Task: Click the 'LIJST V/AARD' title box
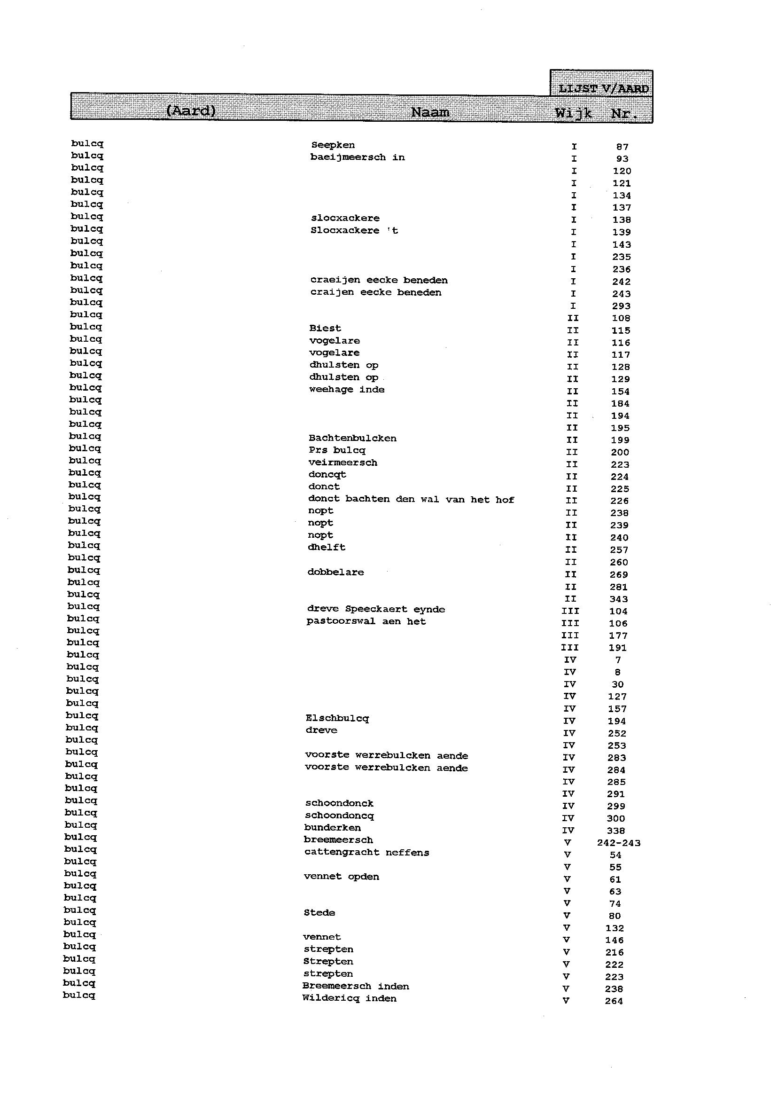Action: pyautogui.click(x=603, y=88)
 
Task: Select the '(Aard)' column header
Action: pyautogui.click(x=191, y=111)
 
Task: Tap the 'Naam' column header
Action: pyautogui.click(x=430, y=112)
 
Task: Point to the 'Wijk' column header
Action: pyautogui.click(x=574, y=113)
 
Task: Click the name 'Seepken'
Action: pyautogui.click(x=333, y=145)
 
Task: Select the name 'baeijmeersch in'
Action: pyautogui.click(x=358, y=157)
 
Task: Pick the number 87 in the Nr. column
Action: pyautogui.click(x=622, y=147)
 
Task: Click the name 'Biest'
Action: pyautogui.click(x=325, y=328)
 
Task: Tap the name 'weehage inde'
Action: pyautogui.click(x=347, y=389)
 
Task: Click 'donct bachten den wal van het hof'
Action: pyautogui.click(x=411, y=499)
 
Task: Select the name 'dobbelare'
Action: pyautogui.click(x=336, y=572)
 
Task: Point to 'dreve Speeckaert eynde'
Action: pyautogui.click(x=376, y=609)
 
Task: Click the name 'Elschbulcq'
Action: pyautogui.click(x=337, y=718)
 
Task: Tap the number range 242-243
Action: pyautogui.click(x=618, y=843)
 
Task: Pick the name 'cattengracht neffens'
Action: pyautogui.click(x=366, y=853)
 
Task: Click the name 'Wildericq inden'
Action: pyautogui.click(x=349, y=999)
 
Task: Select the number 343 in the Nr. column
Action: pyautogui.click(x=618, y=599)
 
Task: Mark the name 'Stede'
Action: pyautogui.click(x=319, y=912)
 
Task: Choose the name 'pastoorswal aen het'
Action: pyautogui.click(x=366, y=621)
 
